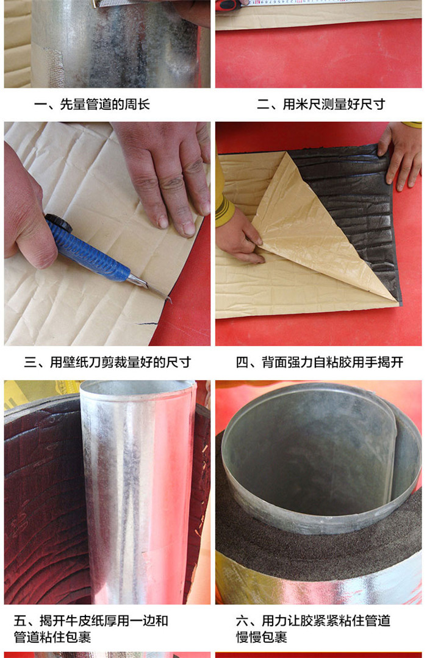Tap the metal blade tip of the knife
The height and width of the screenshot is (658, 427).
(x=170, y=300)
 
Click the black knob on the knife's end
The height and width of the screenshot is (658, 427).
(x=59, y=222)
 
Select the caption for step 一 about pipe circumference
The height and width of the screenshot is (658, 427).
(x=92, y=104)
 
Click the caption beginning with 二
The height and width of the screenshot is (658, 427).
(x=321, y=104)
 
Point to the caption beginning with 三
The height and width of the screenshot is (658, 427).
(x=107, y=362)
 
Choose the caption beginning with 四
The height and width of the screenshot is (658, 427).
(x=320, y=362)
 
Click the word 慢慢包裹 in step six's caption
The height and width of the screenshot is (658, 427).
(x=262, y=637)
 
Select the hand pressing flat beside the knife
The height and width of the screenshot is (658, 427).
(x=168, y=172)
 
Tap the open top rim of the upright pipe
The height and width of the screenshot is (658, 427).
(x=138, y=387)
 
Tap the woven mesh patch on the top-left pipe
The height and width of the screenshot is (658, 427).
(x=54, y=67)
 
